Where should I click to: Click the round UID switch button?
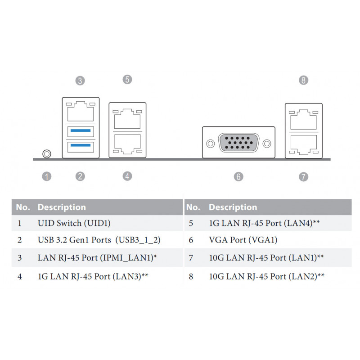coord(47,154)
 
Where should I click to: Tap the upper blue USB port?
coord(81,131)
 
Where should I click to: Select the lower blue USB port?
coord(81,147)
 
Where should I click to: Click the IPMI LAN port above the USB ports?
coord(81,111)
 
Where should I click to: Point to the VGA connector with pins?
coord(239,143)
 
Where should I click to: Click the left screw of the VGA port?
coord(210,144)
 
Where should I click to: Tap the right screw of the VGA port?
coord(267,144)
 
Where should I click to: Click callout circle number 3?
coord(80,81)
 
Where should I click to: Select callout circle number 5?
coord(127,80)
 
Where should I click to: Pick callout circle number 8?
coord(303,80)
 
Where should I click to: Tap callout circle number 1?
coord(47,176)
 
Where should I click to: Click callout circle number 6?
coord(238,176)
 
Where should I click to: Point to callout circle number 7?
coord(303,177)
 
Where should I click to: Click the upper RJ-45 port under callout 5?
coord(127,119)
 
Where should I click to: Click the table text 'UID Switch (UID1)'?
coord(74,223)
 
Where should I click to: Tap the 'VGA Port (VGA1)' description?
coord(243,240)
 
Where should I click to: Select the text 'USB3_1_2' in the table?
coord(138,240)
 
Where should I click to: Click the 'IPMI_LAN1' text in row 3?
coord(127,257)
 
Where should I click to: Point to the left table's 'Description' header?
coord(62,207)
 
